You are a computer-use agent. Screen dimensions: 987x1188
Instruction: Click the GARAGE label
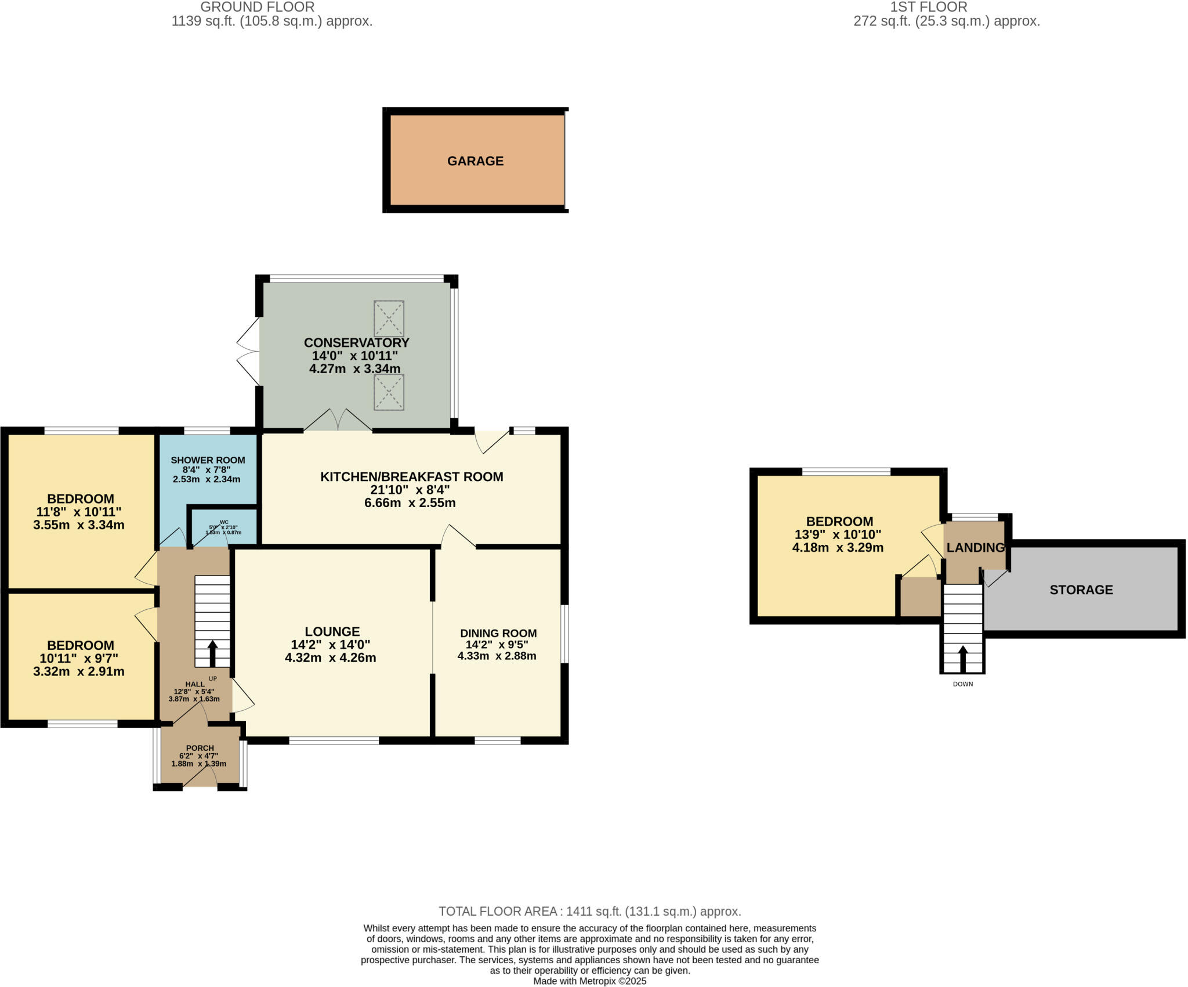475,161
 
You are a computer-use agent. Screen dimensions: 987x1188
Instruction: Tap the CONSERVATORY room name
356,342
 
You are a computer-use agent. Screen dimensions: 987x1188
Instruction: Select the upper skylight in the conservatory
389,319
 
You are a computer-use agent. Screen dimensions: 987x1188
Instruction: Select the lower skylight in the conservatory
389,392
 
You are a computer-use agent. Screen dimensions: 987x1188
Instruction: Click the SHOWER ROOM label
208,460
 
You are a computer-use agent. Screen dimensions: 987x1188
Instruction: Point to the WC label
224,522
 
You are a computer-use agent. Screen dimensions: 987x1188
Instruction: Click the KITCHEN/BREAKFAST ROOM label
411,477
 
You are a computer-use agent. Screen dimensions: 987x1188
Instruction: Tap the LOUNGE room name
332,631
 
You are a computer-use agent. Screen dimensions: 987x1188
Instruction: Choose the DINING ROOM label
498,633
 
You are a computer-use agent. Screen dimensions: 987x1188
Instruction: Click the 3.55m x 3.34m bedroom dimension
79,525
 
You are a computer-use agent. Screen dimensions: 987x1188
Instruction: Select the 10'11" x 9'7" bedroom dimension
79,659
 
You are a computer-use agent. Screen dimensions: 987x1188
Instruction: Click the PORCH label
200,748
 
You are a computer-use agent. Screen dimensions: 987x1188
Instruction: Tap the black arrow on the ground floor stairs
212,653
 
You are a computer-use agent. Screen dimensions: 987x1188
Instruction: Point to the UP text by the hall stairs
212,679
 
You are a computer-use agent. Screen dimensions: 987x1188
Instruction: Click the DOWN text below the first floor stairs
963,684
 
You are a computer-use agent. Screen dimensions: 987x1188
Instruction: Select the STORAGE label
1081,590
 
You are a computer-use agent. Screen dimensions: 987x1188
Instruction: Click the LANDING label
975,548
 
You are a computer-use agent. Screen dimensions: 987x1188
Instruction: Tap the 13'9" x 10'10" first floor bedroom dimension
838,534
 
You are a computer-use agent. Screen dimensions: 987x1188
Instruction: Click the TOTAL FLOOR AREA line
589,911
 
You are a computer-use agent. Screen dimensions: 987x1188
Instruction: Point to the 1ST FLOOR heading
929,7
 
